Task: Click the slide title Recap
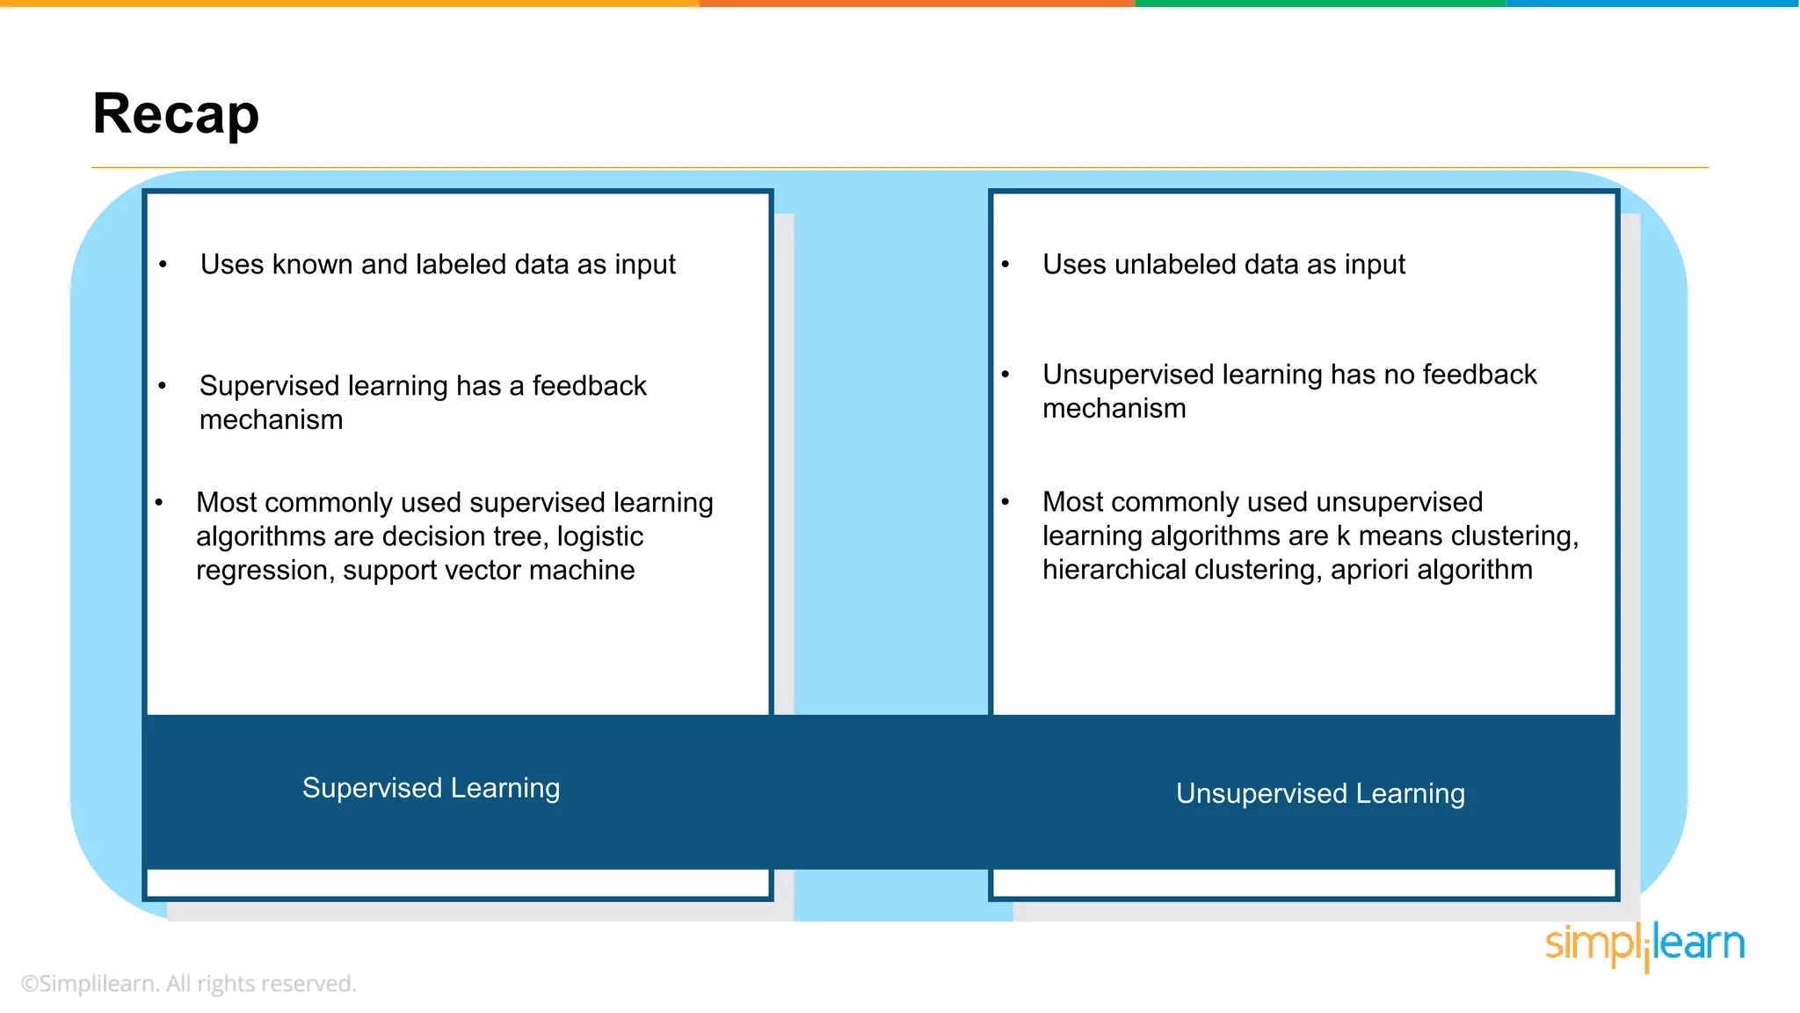(x=176, y=114)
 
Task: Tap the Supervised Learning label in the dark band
(x=431, y=788)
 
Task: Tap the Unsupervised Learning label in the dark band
(x=1320, y=793)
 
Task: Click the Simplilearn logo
(x=1644, y=945)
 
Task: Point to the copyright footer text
(x=188, y=983)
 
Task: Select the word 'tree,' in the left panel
(x=519, y=536)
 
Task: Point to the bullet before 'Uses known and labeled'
(x=163, y=265)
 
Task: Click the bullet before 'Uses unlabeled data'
(x=1005, y=265)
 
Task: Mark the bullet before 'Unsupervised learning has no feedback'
(x=1005, y=375)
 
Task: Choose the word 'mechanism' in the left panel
(x=271, y=420)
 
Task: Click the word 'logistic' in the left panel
(x=600, y=536)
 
